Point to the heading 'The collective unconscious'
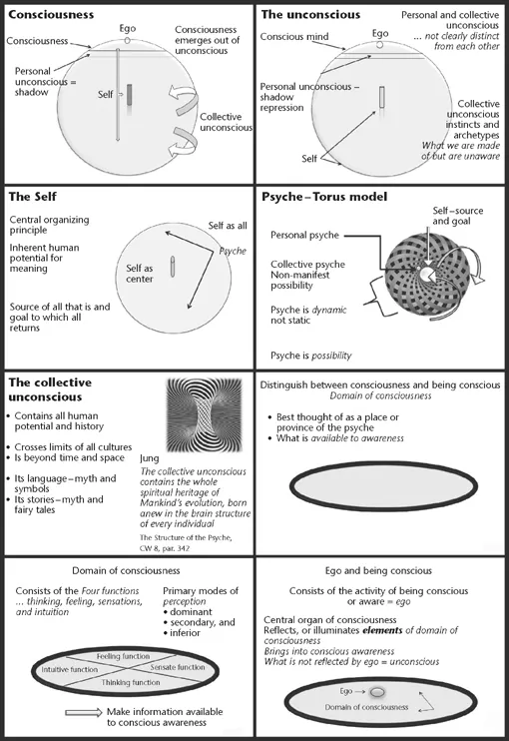50,389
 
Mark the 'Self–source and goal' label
460,216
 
